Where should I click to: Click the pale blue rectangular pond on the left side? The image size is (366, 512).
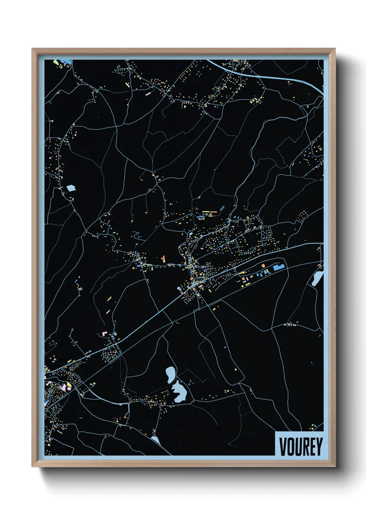point(71,188)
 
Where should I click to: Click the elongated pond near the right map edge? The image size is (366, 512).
point(317,278)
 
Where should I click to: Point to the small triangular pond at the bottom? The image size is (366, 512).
point(155,439)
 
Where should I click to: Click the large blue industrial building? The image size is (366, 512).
point(278,267)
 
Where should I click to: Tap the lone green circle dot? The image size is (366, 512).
point(236,369)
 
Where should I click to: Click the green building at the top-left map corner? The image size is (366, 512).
point(55,63)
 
